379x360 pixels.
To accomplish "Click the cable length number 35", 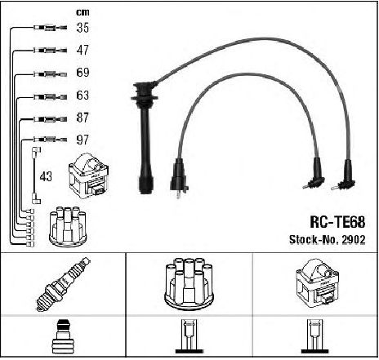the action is coord(82,28).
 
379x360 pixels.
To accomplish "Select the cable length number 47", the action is coord(82,50).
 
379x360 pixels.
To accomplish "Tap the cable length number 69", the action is coord(82,73).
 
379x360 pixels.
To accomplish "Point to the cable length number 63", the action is coord(82,95).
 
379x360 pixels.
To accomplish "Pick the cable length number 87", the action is coord(82,118).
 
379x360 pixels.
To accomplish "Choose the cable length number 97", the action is coord(82,140).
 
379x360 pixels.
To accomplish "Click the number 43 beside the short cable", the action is coord(46,176).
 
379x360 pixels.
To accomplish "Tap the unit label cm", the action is coord(82,12).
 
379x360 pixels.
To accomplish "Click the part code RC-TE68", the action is coord(337,222).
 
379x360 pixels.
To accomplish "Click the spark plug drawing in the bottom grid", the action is coord(63,284).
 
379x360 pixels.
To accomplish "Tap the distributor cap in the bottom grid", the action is coord(189,284).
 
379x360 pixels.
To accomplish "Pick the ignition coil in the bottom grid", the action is coord(317,283).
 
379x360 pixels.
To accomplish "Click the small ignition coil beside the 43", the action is coord(88,176).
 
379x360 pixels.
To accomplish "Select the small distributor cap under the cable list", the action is coord(68,226).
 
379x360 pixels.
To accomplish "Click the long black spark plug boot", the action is coord(145,136).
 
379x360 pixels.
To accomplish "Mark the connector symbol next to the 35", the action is coord(50,28).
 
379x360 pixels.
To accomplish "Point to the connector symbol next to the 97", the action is coord(50,140).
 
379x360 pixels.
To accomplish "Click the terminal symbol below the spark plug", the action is coord(63,336).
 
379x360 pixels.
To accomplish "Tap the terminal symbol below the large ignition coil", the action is coord(315,336).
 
